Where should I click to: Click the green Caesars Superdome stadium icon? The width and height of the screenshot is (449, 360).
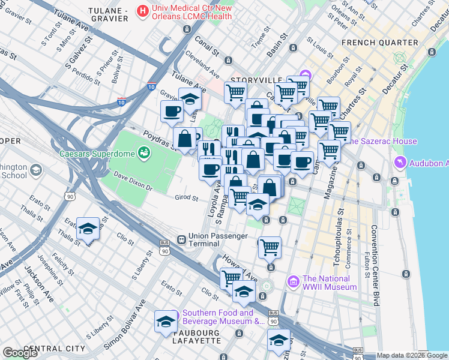[x=143, y=154]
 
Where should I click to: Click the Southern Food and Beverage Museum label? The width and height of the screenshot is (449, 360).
[x=218, y=317]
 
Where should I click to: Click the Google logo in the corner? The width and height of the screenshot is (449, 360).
[x=20, y=352]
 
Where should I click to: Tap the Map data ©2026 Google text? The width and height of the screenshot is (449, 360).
[x=412, y=355]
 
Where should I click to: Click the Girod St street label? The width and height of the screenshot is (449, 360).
[x=186, y=197]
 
